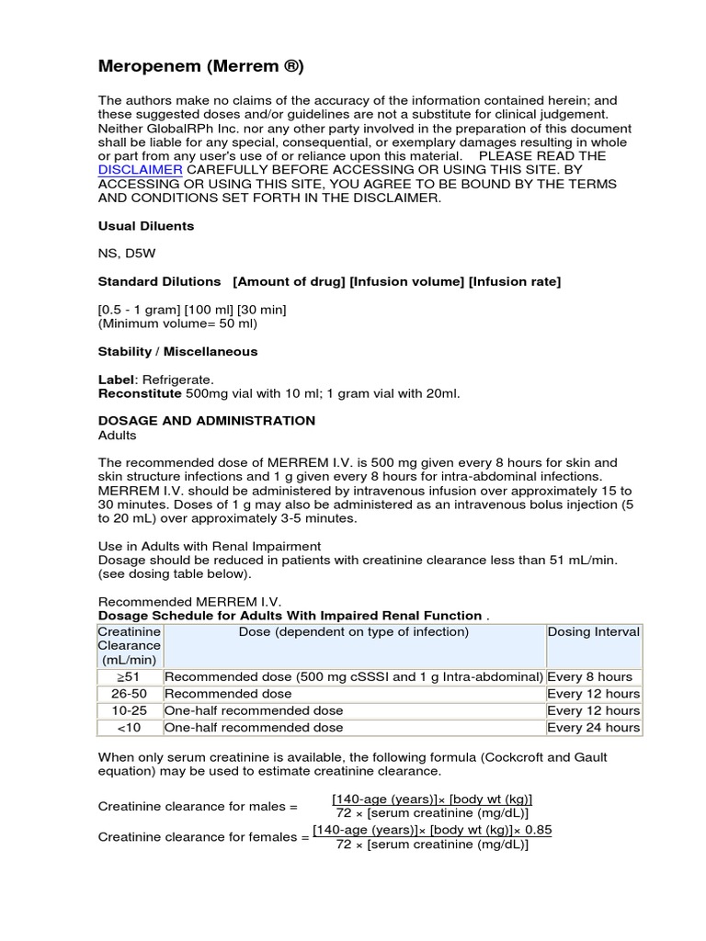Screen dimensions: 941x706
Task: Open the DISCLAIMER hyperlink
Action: [140, 170]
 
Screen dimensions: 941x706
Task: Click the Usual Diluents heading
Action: [145, 225]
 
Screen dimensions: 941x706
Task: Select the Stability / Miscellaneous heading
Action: [177, 351]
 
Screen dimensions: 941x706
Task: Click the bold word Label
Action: [114, 380]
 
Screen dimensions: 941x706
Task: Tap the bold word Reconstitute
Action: [140, 393]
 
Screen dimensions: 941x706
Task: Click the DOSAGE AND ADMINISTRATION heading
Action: [206, 421]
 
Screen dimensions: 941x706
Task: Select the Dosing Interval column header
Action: [594, 632]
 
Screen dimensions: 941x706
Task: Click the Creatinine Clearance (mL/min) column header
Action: [130, 646]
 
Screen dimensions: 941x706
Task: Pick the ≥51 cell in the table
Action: [130, 677]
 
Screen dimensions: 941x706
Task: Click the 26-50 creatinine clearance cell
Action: [130, 694]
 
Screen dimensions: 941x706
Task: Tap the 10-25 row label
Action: [130, 710]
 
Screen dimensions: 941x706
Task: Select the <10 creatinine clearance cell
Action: [130, 728]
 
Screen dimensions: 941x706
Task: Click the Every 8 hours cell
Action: [589, 677]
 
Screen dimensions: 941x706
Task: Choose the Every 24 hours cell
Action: [593, 728]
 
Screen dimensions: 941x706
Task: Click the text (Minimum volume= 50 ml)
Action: [177, 323]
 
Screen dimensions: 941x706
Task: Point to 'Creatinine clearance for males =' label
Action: [198, 806]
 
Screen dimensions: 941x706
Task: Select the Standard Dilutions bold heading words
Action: [159, 281]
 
